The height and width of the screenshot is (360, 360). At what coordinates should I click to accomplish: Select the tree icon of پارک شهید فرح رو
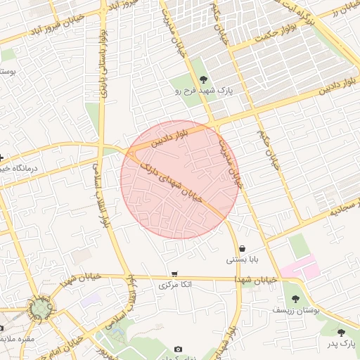click(204, 79)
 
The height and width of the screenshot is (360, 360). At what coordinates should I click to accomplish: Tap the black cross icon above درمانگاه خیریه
click(2, 157)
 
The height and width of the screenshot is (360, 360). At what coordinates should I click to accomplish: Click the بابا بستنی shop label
click(242, 259)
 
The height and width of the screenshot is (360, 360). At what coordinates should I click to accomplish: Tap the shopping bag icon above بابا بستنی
click(243, 248)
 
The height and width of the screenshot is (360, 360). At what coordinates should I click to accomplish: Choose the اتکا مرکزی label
click(173, 285)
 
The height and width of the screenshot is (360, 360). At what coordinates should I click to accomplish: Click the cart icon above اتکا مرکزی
click(174, 274)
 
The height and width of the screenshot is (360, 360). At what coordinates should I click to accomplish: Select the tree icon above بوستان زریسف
click(295, 299)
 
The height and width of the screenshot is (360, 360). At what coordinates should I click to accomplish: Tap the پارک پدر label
click(342, 343)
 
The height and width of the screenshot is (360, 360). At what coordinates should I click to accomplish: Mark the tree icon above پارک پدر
click(342, 333)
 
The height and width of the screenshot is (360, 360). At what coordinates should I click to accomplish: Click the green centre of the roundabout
click(38, 307)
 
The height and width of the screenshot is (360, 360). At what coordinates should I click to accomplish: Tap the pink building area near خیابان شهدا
click(299, 269)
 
